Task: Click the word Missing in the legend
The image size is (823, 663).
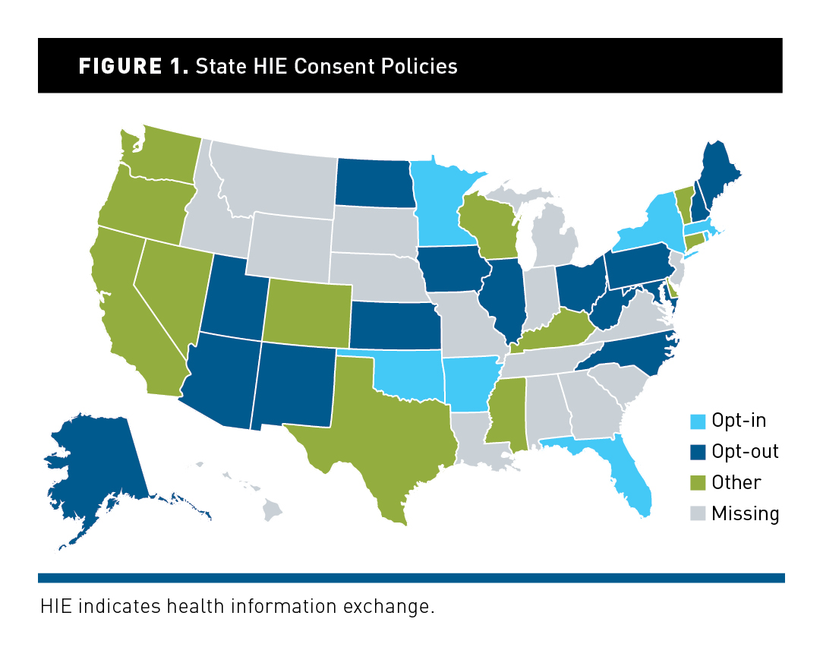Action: tap(745, 513)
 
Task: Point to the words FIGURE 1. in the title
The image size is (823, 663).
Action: tap(133, 66)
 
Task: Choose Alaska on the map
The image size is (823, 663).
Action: tap(91, 471)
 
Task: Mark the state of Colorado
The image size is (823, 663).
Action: tap(307, 311)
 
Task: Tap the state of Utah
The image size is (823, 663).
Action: tap(232, 296)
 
